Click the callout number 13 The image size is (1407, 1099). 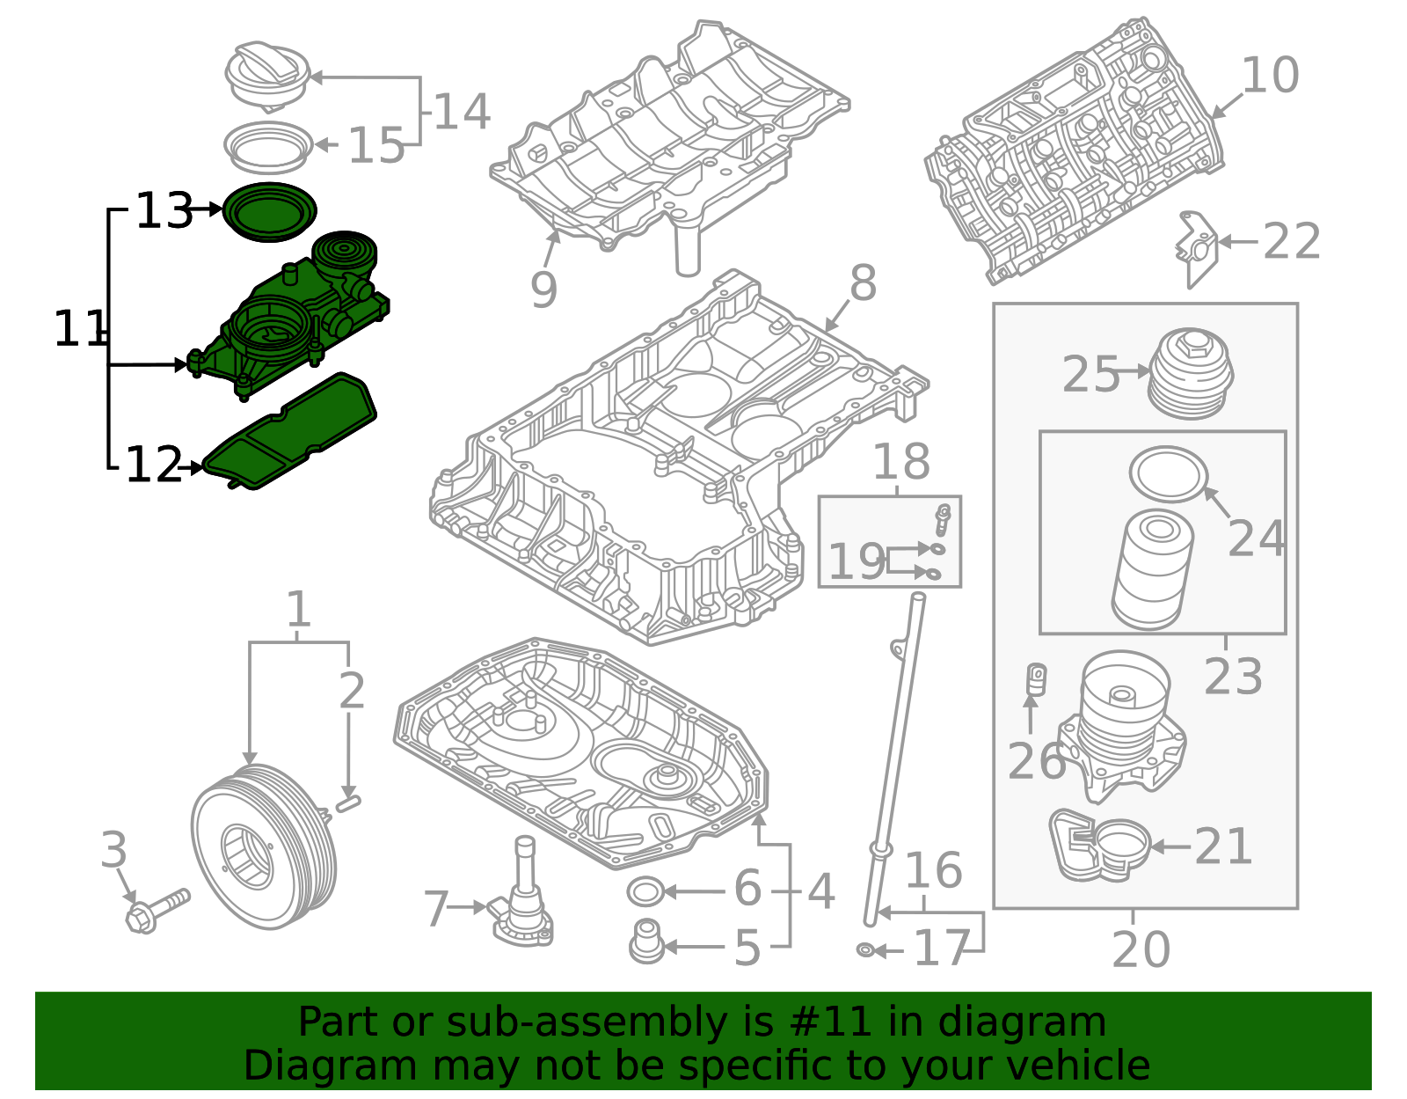[x=164, y=211]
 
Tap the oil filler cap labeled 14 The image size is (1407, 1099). [x=267, y=76]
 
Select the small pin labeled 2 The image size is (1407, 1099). [x=348, y=802]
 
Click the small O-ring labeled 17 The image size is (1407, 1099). [x=865, y=950]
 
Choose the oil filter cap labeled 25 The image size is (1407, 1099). [x=1191, y=374]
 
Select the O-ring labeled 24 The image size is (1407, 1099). [x=1168, y=474]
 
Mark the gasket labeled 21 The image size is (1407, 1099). [x=1099, y=845]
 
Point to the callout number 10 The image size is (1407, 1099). [x=1269, y=76]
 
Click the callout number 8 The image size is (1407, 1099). [x=862, y=283]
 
